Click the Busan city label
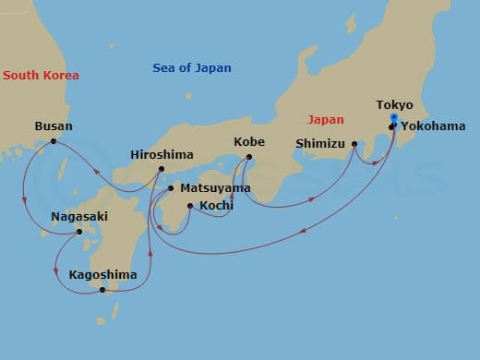(x=54, y=126)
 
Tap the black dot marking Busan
(x=54, y=141)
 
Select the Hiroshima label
(x=162, y=154)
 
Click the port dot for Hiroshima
(x=162, y=169)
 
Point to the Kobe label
(x=249, y=142)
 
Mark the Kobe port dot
(x=249, y=157)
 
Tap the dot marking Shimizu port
(x=354, y=144)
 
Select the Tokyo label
(x=395, y=105)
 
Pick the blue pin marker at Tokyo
(x=394, y=118)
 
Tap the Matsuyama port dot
(x=171, y=187)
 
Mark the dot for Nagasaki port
(x=78, y=232)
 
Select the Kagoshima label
(x=102, y=274)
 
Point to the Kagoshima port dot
(x=102, y=290)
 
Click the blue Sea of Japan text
(x=192, y=67)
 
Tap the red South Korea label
(x=41, y=76)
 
